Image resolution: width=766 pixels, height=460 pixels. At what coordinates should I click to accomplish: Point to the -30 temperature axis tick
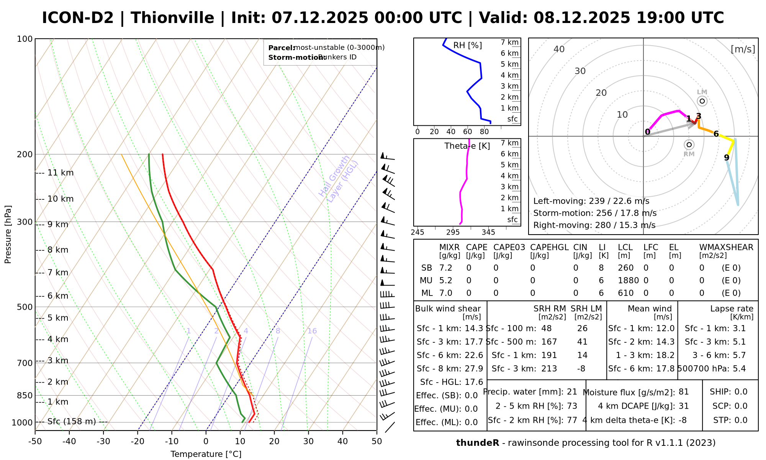(x=103, y=441)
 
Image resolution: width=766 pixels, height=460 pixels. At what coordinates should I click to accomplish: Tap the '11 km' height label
(x=61, y=173)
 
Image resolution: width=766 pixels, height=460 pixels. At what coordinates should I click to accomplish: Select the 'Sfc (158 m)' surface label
(x=72, y=422)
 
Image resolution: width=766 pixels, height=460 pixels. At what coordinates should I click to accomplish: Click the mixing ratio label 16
(x=312, y=331)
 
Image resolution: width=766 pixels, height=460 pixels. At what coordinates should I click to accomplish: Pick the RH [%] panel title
(x=468, y=46)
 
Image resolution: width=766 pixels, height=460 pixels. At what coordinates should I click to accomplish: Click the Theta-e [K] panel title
(x=467, y=146)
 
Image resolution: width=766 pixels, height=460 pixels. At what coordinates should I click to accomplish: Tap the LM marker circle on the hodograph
(x=702, y=101)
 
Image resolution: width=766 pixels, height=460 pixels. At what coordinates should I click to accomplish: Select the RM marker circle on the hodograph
(x=689, y=145)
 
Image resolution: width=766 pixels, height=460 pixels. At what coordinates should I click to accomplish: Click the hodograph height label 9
(x=727, y=158)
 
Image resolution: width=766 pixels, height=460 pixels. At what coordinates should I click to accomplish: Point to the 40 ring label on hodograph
(x=559, y=49)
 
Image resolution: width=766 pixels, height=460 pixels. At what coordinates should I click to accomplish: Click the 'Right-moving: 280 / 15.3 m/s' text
(x=594, y=225)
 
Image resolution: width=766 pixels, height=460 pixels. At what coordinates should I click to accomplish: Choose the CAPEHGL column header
(x=549, y=247)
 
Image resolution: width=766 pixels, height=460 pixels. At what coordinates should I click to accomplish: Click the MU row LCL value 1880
(x=628, y=281)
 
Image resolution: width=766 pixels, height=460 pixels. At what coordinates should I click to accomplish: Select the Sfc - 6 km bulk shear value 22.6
(x=474, y=355)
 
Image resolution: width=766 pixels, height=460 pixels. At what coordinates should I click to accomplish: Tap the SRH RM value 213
(x=549, y=369)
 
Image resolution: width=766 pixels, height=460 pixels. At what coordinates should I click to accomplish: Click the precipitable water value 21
(x=572, y=392)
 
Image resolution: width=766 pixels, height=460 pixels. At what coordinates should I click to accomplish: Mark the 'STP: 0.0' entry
(x=730, y=420)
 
